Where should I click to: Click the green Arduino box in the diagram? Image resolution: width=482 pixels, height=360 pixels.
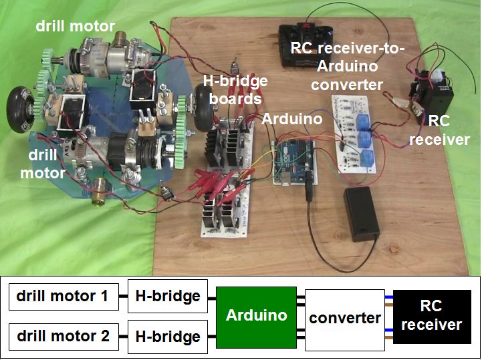[257, 315]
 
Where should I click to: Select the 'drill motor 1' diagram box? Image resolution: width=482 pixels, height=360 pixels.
[64, 296]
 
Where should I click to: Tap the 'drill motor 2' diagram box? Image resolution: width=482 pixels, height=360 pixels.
[64, 335]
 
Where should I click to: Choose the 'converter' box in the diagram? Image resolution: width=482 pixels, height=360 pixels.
[345, 317]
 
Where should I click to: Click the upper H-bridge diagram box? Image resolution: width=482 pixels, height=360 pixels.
[168, 296]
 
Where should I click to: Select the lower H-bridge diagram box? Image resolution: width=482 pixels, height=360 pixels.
[168, 336]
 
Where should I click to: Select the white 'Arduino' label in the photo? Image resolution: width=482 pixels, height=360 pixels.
[291, 119]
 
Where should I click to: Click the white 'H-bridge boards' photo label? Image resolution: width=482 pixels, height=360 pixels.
[236, 89]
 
